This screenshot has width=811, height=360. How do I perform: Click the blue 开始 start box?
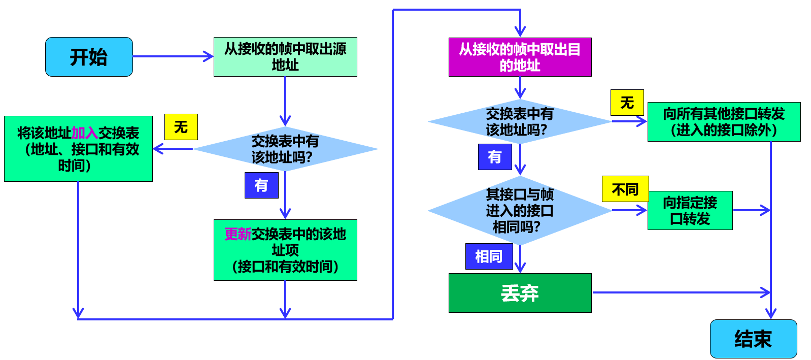coord(89,57)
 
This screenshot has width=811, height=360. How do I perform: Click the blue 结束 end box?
coord(753,339)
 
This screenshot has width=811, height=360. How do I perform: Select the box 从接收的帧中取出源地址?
coord(285,57)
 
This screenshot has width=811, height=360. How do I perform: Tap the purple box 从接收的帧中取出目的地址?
coord(520,57)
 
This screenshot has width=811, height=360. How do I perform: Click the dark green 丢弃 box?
coord(520,293)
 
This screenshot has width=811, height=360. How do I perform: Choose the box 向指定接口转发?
coord(690,210)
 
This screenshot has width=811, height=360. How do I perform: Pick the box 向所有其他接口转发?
coord(724,122)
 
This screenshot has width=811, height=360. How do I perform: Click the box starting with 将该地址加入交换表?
coord(78,149)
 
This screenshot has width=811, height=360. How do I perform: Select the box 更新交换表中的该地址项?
coord(285,250)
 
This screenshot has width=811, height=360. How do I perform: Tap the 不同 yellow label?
coord(625,189)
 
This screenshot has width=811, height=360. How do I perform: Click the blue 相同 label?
coord(489,256)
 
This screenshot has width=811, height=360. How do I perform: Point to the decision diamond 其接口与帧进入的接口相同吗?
coord(520,210)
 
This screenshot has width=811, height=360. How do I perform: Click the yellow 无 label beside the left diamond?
coord(181,127)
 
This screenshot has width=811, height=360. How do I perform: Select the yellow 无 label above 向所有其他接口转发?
coord(627,103)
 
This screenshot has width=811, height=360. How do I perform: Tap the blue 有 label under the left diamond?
coord(261,185)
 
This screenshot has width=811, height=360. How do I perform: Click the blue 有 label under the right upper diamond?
coord(495,156)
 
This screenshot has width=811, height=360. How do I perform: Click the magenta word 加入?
coord(85,133)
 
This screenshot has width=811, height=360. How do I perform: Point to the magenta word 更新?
coord(238,234)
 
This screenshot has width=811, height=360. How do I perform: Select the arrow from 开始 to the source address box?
coord(173,56)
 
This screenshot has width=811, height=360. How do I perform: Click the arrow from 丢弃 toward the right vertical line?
coord(680,292)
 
